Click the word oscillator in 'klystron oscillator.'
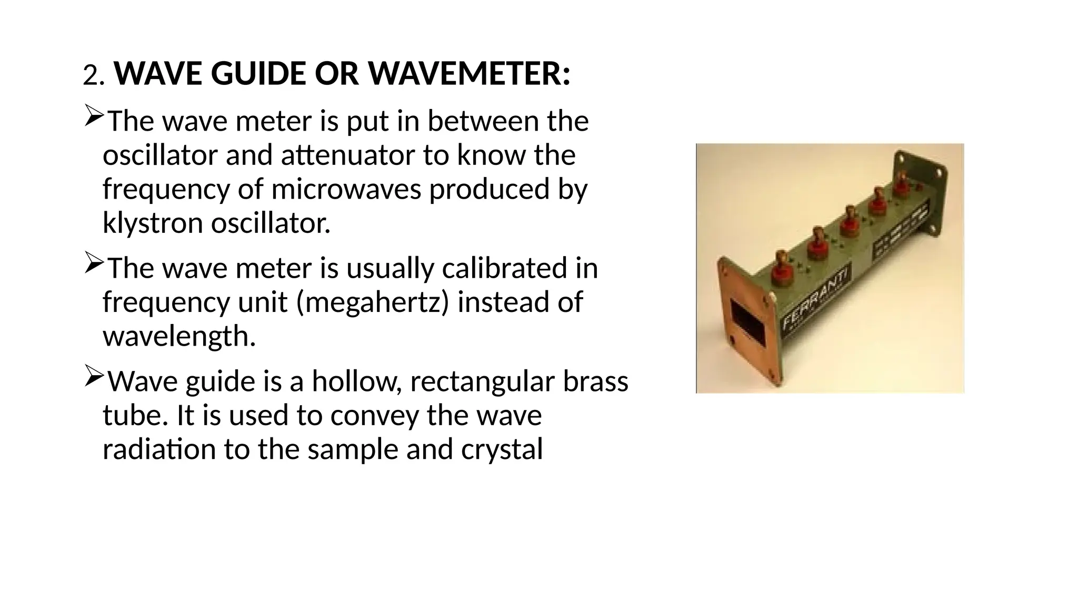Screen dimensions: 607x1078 click(271, 223)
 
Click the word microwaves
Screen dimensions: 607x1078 click(346, 189)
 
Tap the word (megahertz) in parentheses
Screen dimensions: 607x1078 click(373, 302)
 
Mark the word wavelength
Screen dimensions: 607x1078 click(179, 336)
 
